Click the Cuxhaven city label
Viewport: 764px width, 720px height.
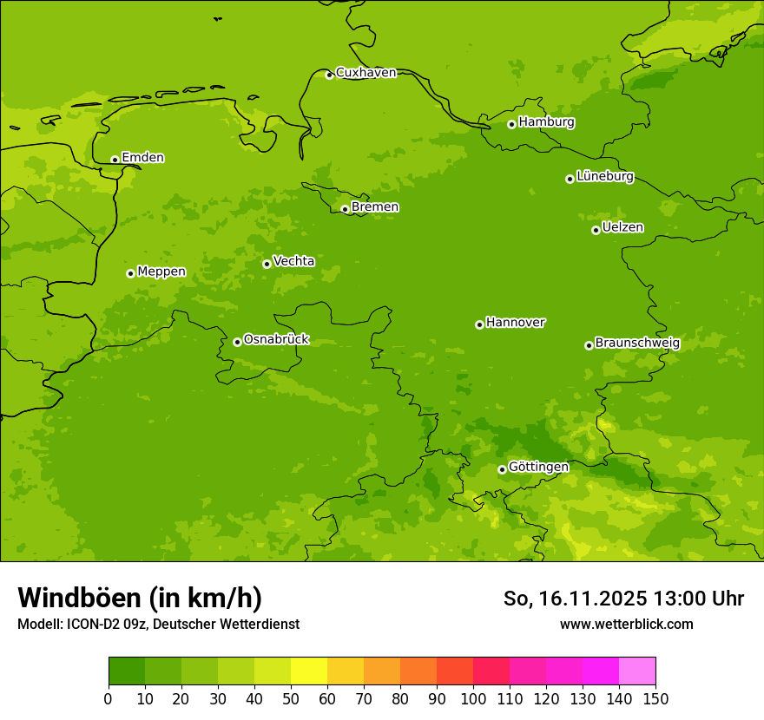[366, 73]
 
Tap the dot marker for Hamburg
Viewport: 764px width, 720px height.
[511, 124]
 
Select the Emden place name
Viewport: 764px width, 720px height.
[142, 158]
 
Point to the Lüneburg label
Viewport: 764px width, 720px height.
[604, 176]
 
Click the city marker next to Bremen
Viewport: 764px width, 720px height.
[345, 209]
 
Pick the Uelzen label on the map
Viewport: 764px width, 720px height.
[622, 227]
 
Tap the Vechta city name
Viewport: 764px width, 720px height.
[293, 261]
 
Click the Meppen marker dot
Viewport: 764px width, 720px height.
[130, 273]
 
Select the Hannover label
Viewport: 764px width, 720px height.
[515, 323]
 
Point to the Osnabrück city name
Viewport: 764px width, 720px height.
[276, 339]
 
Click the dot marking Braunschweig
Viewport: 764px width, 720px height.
[589, 345]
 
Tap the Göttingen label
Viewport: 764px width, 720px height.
[538, 467]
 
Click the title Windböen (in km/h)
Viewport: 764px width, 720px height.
[140, 598]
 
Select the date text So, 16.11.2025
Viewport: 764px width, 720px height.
[575, 599]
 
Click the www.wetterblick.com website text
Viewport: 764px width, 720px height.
[626, 624]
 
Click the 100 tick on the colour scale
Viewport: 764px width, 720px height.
[472, 698]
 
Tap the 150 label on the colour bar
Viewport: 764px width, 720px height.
[655, 698]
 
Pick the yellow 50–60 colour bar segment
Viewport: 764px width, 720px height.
[308, 671]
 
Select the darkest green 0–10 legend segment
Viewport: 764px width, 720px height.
[126, 671]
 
